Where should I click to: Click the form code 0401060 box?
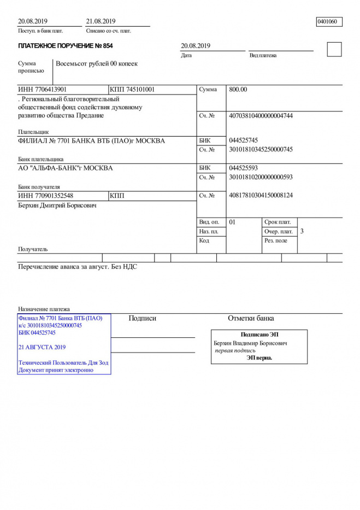(329, 22)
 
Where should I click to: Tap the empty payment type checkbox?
(334, 49)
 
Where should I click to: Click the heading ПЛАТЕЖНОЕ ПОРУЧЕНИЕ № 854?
(66, 46)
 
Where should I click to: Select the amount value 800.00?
(238, 90)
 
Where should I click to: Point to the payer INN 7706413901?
(43, 89)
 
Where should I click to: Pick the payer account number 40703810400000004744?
(261, 116)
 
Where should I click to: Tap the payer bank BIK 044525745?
(244, 140)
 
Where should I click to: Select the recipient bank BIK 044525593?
(244, 168)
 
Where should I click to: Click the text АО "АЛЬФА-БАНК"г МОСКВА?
(66, 168)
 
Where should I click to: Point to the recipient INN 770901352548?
(46, 196)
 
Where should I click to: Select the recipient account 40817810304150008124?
(261, 196)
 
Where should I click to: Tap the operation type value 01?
(232, 222)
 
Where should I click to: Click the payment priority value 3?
(302, 232)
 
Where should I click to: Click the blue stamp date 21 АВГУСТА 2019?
(42, 347)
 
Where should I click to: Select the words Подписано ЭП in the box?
(259, 335)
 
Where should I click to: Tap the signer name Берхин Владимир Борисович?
(251, 343)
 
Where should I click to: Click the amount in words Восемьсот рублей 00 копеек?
(97, 64)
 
